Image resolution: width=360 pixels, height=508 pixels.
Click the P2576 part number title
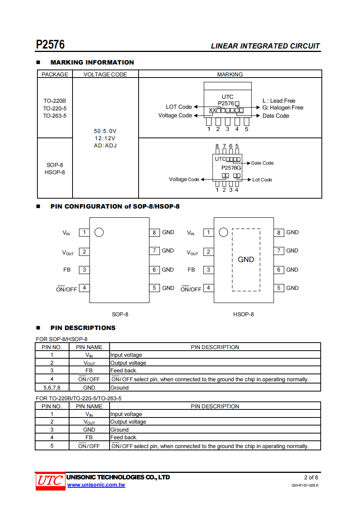pos(50,45)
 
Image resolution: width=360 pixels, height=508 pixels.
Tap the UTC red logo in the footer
pos(50,480)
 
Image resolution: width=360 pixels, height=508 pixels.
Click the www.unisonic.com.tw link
pos(96,485)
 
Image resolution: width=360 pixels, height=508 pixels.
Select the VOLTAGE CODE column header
pos(105,74)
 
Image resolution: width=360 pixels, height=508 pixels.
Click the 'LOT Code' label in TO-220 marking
pos(179,107)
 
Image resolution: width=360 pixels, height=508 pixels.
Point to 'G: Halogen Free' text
pos(283,108)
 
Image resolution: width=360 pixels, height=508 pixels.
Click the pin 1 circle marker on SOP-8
pos(99,232)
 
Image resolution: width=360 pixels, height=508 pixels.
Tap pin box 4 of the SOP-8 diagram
pos(84,288)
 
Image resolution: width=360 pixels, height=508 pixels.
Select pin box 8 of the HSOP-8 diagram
pos(279,232)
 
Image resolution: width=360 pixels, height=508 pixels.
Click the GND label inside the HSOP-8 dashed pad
pos(246,260)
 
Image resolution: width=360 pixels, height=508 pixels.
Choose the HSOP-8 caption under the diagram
pos(243,314)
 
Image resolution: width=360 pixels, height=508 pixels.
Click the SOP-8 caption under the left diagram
pos(120,314)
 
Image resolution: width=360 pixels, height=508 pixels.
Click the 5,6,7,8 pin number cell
pos(52,388)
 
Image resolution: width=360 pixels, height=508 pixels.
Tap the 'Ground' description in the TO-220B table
pos(119,430)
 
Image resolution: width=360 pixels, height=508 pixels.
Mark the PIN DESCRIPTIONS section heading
pos(83,328)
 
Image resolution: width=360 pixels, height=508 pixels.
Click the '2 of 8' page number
pos(311,477)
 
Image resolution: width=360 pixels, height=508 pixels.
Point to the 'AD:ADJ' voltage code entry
pos(105,146)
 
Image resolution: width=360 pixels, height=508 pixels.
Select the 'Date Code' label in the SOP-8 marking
pos(262,163)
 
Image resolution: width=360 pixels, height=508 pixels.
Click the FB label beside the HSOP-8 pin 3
pos(191,270)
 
